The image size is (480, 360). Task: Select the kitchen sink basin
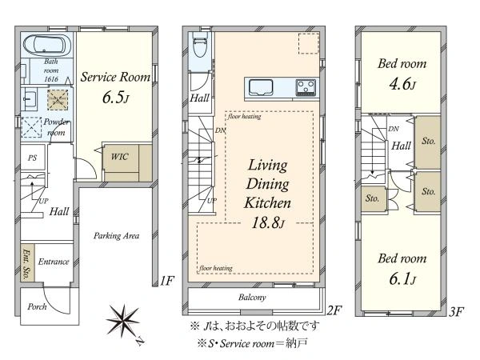click(x=261, y=87)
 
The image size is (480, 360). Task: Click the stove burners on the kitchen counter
click(x=306, y=87)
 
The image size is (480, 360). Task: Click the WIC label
click(x=119, y=157)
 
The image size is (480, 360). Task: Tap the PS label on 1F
click(x=32, y=158)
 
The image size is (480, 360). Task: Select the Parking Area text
click(x=116, y=236)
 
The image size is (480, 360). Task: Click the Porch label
click(x=37, y=306)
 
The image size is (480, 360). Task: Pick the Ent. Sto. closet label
click(x=27, y=264)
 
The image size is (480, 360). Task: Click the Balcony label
click(x=252, y=298)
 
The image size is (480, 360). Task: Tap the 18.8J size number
click(x=268, y=223)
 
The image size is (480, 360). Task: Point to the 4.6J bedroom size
click(x=402, y=84)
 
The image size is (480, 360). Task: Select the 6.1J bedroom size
click(x=402, y=279)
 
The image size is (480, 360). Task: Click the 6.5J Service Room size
click(x=116, y=98)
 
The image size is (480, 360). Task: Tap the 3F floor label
click(x=456, y=312)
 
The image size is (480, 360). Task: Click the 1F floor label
click(x=167, y=281)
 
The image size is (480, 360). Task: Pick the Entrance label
click(x=54, y=262)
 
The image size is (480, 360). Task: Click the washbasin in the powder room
click(x=30, y=99)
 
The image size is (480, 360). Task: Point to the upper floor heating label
click(x=244, y=116)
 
